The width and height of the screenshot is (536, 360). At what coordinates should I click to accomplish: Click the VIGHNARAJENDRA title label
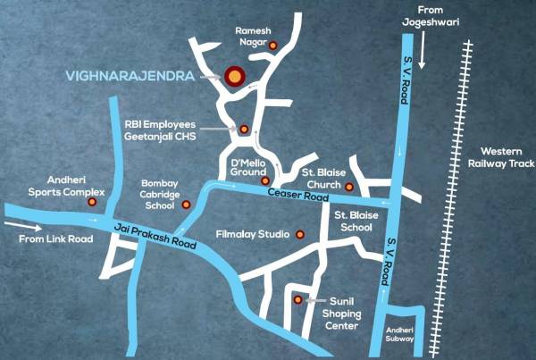pos(130,78)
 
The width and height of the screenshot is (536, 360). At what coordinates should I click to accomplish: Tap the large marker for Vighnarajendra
pos(234,78)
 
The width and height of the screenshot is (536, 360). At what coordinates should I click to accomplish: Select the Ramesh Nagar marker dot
pos(273,46)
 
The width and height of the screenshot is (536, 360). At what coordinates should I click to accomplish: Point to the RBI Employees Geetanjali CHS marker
pos(244,130)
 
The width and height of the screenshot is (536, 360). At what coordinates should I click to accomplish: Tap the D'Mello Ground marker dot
pos(264,180)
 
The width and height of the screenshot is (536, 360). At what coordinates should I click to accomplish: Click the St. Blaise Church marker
pos(349,187)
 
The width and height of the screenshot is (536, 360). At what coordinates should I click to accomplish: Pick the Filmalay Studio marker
pos(300,235)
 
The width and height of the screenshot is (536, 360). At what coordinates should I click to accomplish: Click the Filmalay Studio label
pos(253,235)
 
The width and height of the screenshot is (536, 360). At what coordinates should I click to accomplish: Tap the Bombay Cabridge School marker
pos(187,205)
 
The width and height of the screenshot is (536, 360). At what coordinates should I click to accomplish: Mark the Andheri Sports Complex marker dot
pos(92,203)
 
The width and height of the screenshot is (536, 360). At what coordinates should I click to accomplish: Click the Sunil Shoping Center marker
pos(297,300)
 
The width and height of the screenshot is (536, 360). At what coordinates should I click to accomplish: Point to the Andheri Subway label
pos(399,335)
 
